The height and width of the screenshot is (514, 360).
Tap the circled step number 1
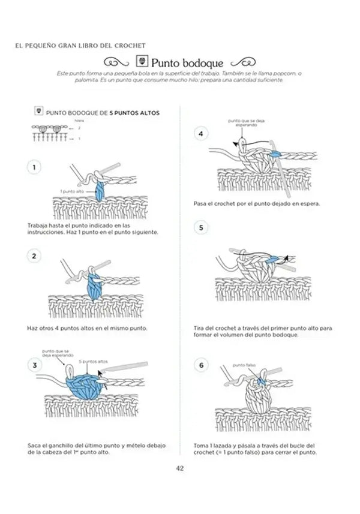[35, 167]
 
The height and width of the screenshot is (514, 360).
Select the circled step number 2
[35, 256]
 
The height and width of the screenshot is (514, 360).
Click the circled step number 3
[35, 364]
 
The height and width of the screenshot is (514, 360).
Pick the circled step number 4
[201, 134]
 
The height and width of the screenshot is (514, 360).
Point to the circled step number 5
[201, 228]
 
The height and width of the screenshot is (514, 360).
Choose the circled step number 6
[201, 365]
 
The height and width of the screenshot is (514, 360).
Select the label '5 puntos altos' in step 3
[94, 362]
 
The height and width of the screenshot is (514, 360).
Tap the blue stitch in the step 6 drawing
[262, 379]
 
